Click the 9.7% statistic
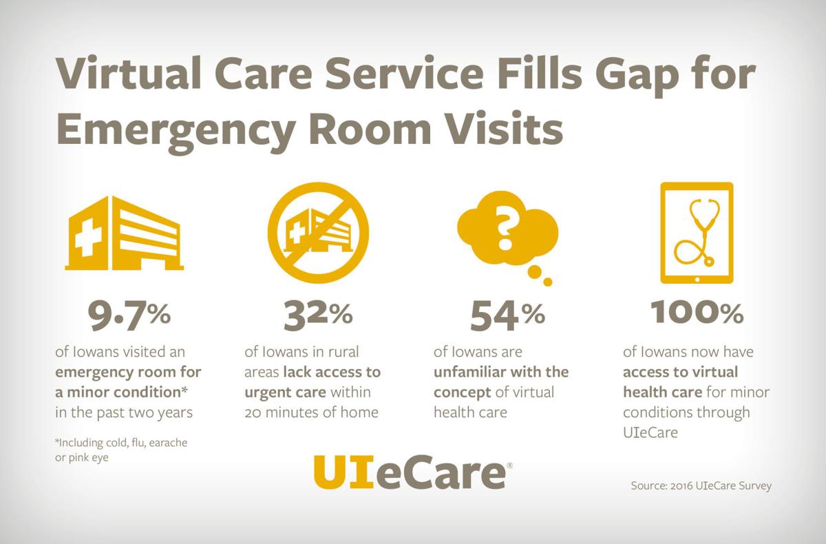coord(129,315)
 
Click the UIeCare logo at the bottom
coord(412,472)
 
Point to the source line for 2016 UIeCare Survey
coord(701,485)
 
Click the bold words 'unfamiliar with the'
coord(501,372)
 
